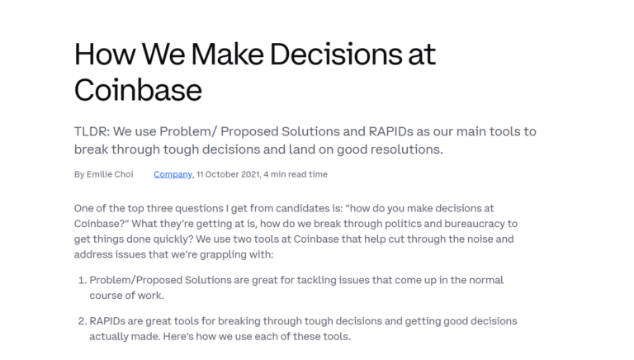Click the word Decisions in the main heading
point(336,54)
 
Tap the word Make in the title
point(227,54)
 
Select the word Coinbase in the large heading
point(138,89)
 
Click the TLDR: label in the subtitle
point(92,131)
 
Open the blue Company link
point(173,174)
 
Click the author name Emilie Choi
point(110,174)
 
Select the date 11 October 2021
point(229,174)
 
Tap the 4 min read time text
point(296,174)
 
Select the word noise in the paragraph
point(480,239)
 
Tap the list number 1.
point(82,280)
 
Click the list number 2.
point(82,321)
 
